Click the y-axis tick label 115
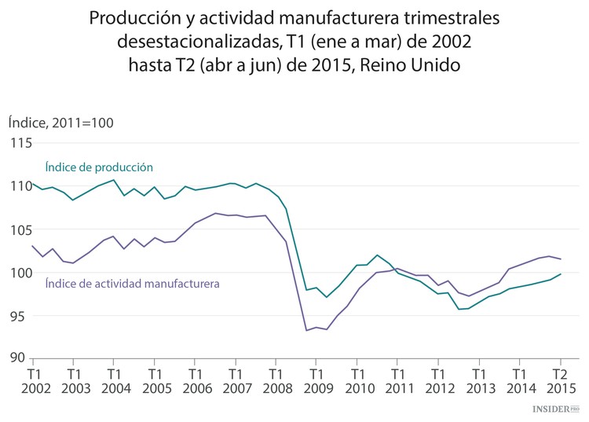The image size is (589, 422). (20, 143)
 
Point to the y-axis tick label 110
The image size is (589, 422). (20, 186)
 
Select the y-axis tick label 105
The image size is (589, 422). (20, 229)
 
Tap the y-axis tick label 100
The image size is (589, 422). (20, 273)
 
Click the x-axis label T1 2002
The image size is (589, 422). (35, 380)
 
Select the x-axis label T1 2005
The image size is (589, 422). (155, 380)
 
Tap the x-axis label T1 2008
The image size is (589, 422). (276, 380)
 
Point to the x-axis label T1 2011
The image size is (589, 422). (398, 380)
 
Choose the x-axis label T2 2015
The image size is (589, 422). (560, 380)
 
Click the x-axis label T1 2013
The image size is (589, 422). (479, 380)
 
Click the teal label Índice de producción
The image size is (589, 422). (98, 167)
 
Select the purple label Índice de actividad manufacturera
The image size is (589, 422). (132, 282)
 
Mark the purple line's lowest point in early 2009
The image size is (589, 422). (305, 330)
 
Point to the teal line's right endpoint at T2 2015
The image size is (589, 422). (560, 274)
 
